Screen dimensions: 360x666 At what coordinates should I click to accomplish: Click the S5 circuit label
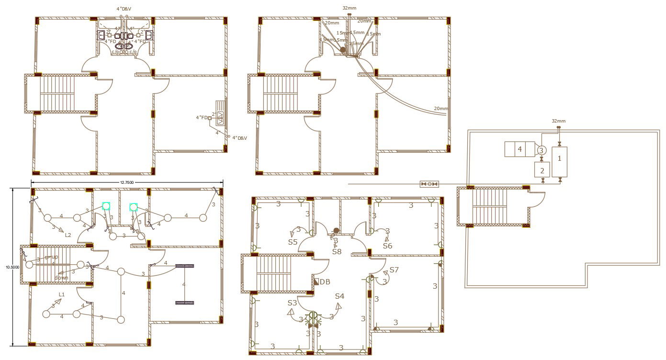[x=293, y=242]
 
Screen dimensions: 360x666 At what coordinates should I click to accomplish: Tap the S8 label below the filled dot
[x=337, y=251]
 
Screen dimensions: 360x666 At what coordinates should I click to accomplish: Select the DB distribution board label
[x=325, y=282]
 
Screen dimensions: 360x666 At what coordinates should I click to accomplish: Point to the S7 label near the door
[x=394, y=270]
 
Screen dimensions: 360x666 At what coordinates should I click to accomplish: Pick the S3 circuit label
[x=292, y=303]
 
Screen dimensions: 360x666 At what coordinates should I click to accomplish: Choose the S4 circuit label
[x=339, y=296]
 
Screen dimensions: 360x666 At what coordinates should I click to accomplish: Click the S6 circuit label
[x=387, y=246]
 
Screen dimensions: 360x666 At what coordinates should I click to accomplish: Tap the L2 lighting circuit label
[x=68, y=235]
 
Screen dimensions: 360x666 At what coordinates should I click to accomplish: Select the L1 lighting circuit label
[x=62, y=294]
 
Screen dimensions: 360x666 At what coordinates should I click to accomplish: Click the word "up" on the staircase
[x=55, y=257]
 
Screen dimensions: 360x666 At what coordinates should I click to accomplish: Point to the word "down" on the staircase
[x=61, y=278]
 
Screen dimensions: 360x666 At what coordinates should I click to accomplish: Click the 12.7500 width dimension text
[x=127, y=182]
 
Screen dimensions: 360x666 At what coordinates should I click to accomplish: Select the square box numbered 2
[x=542, y=170]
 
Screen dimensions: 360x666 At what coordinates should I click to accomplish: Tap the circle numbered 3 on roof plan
[x=541, y=150]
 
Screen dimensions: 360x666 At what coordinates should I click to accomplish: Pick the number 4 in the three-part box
[x=519, y=149]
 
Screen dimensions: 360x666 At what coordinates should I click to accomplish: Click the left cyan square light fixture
[x=106, y=206]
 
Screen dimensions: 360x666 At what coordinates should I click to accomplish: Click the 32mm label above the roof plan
[x=558, y=121]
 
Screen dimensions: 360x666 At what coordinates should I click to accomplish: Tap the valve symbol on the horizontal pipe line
[x=429, y=184]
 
